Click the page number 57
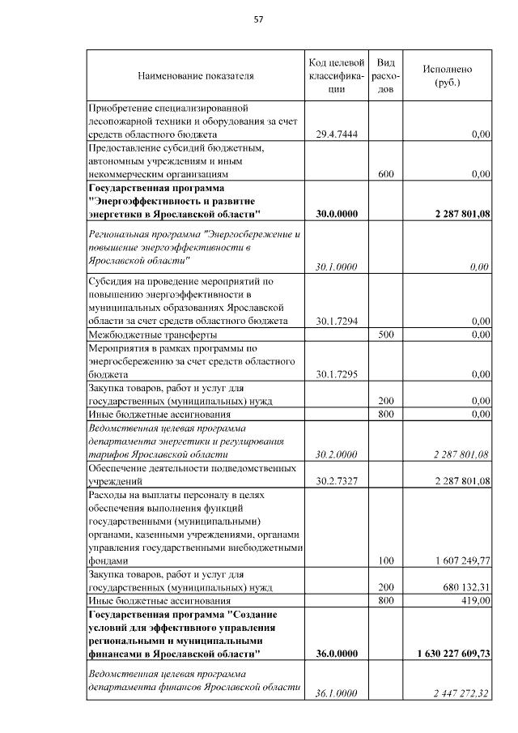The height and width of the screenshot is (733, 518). (259, 19)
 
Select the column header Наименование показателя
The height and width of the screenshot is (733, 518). (196, 76)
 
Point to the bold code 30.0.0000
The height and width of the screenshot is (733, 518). (336, 214)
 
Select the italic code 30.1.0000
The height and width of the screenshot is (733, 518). (336, 266)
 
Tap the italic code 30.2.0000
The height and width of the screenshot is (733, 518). (336, 454)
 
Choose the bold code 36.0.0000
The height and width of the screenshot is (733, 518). (336, 652)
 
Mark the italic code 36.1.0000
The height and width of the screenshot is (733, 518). (336, 693)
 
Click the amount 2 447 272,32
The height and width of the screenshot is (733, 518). (462, 693)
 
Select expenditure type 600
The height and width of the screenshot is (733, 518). (386, 174)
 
